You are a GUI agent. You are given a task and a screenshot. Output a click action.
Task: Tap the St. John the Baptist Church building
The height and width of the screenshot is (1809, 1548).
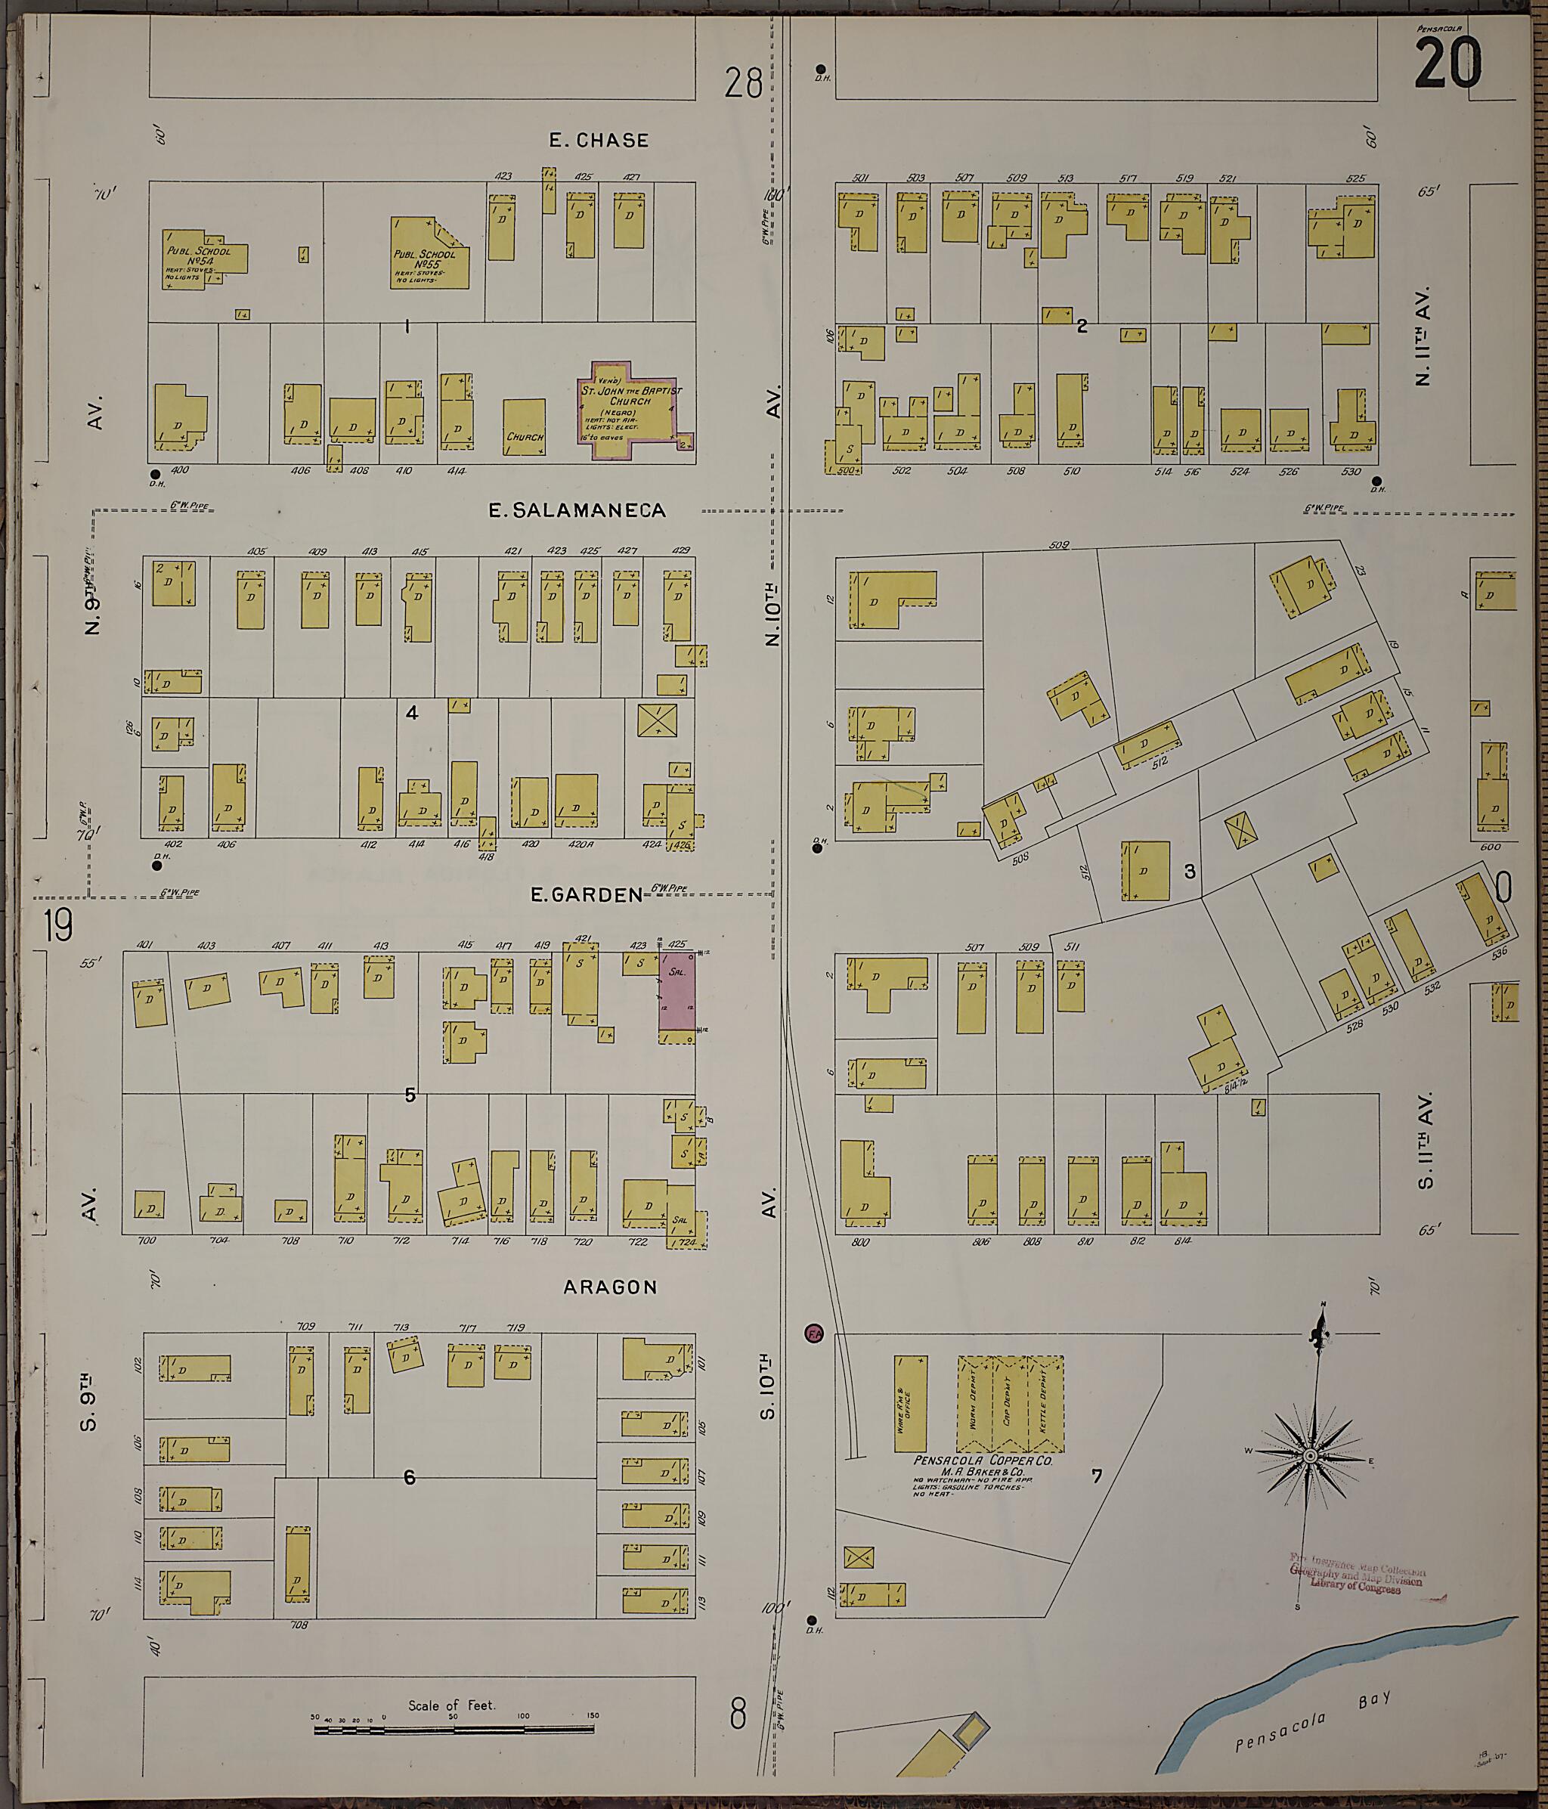630,411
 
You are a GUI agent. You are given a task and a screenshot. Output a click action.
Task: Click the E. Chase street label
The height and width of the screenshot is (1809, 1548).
598,141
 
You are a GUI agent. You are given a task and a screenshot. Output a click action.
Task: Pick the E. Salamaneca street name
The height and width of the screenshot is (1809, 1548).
577,511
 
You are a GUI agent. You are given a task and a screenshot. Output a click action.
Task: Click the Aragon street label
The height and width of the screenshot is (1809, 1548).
609,1287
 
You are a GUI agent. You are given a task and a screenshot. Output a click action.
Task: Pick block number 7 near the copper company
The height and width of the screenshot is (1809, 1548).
1097,1476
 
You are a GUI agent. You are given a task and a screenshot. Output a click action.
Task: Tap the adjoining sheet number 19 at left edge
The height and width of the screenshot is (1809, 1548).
57,925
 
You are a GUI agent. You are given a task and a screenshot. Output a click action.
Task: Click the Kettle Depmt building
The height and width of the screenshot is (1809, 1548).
1045,1404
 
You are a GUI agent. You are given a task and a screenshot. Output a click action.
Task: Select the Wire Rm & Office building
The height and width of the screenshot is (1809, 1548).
911,1404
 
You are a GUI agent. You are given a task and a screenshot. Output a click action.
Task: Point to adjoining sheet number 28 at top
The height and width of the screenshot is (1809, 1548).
742,85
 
